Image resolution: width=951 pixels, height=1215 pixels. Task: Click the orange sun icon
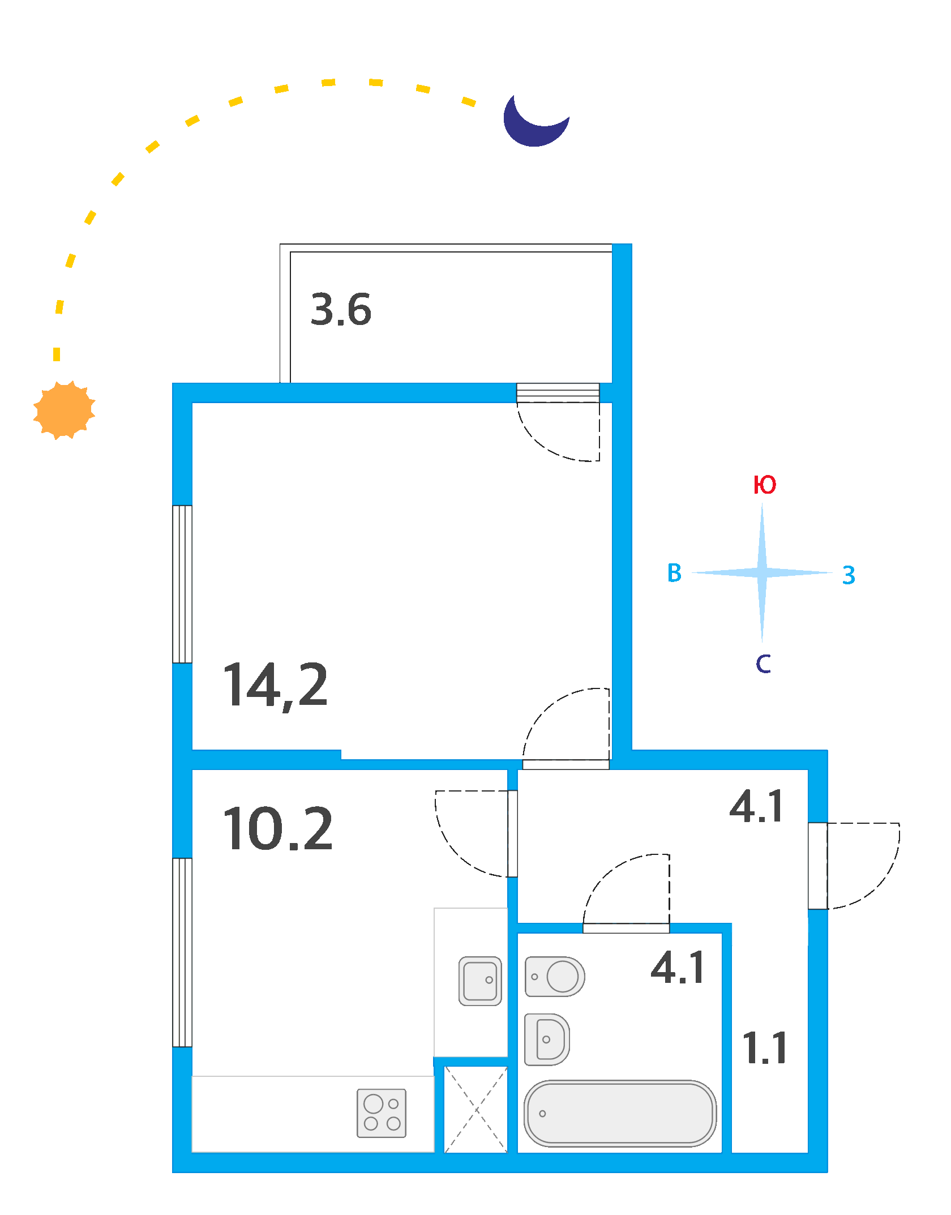click(64, 410)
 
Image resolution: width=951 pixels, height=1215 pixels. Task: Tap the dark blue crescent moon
click(532, 125)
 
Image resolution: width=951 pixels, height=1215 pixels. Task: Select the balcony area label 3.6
click(341, 310)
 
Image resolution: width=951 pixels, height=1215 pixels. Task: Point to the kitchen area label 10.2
click(277, 829)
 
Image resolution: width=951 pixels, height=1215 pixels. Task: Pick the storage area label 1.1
click(765, 1048)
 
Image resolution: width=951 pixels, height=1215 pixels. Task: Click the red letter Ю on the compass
click(765, 485)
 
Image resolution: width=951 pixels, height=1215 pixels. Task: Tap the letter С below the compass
click(763, 664)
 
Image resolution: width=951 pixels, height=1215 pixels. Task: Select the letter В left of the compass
click(674, 573)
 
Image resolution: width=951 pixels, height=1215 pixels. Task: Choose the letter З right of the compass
click(849, 575)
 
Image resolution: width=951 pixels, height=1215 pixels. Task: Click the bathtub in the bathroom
click(620, 1113)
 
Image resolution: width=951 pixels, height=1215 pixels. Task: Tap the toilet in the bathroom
click(555, 977)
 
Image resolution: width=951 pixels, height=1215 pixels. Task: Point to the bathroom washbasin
click(547, 1039)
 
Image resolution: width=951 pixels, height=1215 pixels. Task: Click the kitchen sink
click(480, 981)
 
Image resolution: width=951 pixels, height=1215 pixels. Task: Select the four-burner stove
click(382, 1113)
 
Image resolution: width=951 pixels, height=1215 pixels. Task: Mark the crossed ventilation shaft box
click(476, 1110)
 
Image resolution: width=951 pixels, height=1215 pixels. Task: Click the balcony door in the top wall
click(558, 393)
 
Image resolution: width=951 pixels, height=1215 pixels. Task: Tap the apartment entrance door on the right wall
click(817, 866)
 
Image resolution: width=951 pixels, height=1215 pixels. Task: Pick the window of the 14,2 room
click(182, 584)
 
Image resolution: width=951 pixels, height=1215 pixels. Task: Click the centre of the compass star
click(762, 573)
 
